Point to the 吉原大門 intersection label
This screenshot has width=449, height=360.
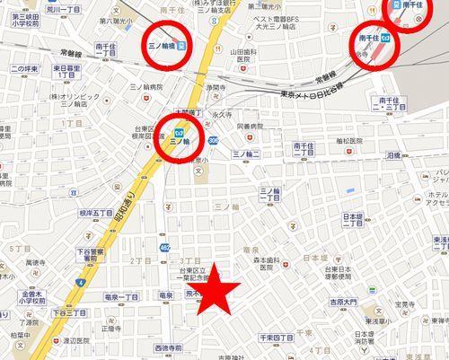(x=341, y=302)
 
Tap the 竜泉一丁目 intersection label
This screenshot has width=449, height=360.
(x=122, y=296)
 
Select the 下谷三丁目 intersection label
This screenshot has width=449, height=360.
(x=67, y=312)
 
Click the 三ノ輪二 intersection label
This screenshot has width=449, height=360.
(x=245, y=154)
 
